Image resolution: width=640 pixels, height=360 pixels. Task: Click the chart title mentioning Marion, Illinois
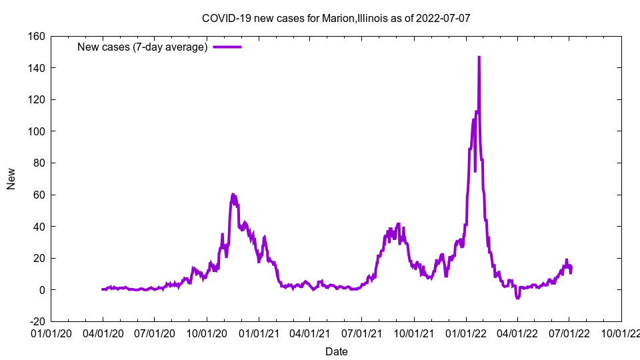point(336,18)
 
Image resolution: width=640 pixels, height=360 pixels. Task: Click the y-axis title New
point(11,179)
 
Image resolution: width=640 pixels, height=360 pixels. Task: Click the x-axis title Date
point(336,351)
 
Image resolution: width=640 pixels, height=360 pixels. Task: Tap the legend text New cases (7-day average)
point(142,47)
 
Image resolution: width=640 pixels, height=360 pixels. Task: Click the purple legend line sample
point(227,47)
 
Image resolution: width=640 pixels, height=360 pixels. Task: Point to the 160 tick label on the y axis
point(36,36)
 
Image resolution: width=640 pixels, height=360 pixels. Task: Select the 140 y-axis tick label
point(36,68)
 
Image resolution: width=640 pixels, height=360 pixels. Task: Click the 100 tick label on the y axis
point(36,131)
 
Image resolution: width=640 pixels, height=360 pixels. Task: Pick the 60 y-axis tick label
point(39,195)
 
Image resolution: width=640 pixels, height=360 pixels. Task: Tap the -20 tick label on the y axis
point(37,321)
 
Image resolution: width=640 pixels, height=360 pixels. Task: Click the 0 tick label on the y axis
point(41,290)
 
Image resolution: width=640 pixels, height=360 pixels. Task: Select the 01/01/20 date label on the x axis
point(51,333)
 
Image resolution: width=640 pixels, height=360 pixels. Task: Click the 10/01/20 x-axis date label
point(206,333)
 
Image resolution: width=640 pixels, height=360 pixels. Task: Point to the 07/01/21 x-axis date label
point(361,333)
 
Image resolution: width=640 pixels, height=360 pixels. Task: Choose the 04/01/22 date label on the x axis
point(517,333)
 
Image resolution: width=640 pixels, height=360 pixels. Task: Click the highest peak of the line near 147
point(479,57)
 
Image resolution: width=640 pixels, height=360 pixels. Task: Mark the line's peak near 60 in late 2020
point(233,195)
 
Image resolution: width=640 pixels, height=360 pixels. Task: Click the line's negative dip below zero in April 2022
point(517,297)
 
